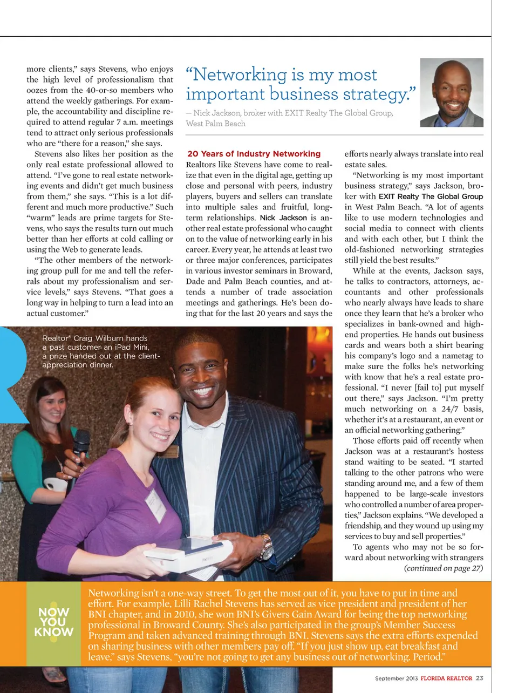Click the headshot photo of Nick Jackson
[451, 93]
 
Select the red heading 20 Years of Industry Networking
[254, 154]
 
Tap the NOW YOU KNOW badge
[53, 622]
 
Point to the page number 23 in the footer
[480, 678]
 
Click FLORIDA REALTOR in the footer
[446, 678]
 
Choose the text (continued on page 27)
[443, 568]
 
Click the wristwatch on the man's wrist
[266, 547]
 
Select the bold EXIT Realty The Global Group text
[431, 196]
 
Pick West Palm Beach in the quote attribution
[215, 124]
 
